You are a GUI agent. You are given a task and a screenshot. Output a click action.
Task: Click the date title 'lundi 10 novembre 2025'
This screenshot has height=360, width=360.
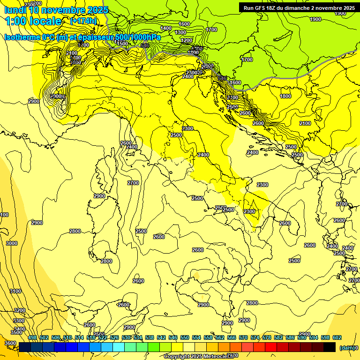[x=56, y=9]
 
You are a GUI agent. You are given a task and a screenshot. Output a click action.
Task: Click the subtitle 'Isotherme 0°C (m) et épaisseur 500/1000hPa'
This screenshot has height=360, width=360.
[x=82, y=37]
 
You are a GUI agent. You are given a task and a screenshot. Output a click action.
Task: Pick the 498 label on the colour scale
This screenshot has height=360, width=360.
[x=32, y=337]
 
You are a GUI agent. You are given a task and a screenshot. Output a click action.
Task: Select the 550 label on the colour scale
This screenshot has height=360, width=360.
[x=185, y=337]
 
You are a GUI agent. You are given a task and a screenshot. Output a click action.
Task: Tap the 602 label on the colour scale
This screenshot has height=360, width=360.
[x=337, y=337]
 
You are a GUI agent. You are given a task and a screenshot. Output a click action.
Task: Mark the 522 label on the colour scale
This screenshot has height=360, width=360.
[x=103, y=337]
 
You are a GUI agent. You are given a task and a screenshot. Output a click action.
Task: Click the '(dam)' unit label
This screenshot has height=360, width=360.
[x=347, y=348]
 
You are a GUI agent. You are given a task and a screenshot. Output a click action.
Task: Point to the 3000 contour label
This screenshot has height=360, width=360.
[x=12, y=243]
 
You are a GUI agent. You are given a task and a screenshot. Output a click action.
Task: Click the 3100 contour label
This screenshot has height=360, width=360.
[x=15, y=291]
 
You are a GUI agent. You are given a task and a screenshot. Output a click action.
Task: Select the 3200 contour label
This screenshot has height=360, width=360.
[x=19, y=310]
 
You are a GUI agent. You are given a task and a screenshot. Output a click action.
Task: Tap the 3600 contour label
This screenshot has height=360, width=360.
[x=10, y=343]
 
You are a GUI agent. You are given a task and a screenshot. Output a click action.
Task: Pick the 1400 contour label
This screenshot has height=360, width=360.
[x=166, y=28]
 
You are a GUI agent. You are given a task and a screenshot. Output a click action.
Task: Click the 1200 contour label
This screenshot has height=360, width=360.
[x=187, y=41]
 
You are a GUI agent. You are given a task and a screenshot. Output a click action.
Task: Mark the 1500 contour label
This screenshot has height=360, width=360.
[x=122, y=44]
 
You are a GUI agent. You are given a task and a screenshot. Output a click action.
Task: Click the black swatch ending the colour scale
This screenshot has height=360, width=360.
[x=330, y=347]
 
